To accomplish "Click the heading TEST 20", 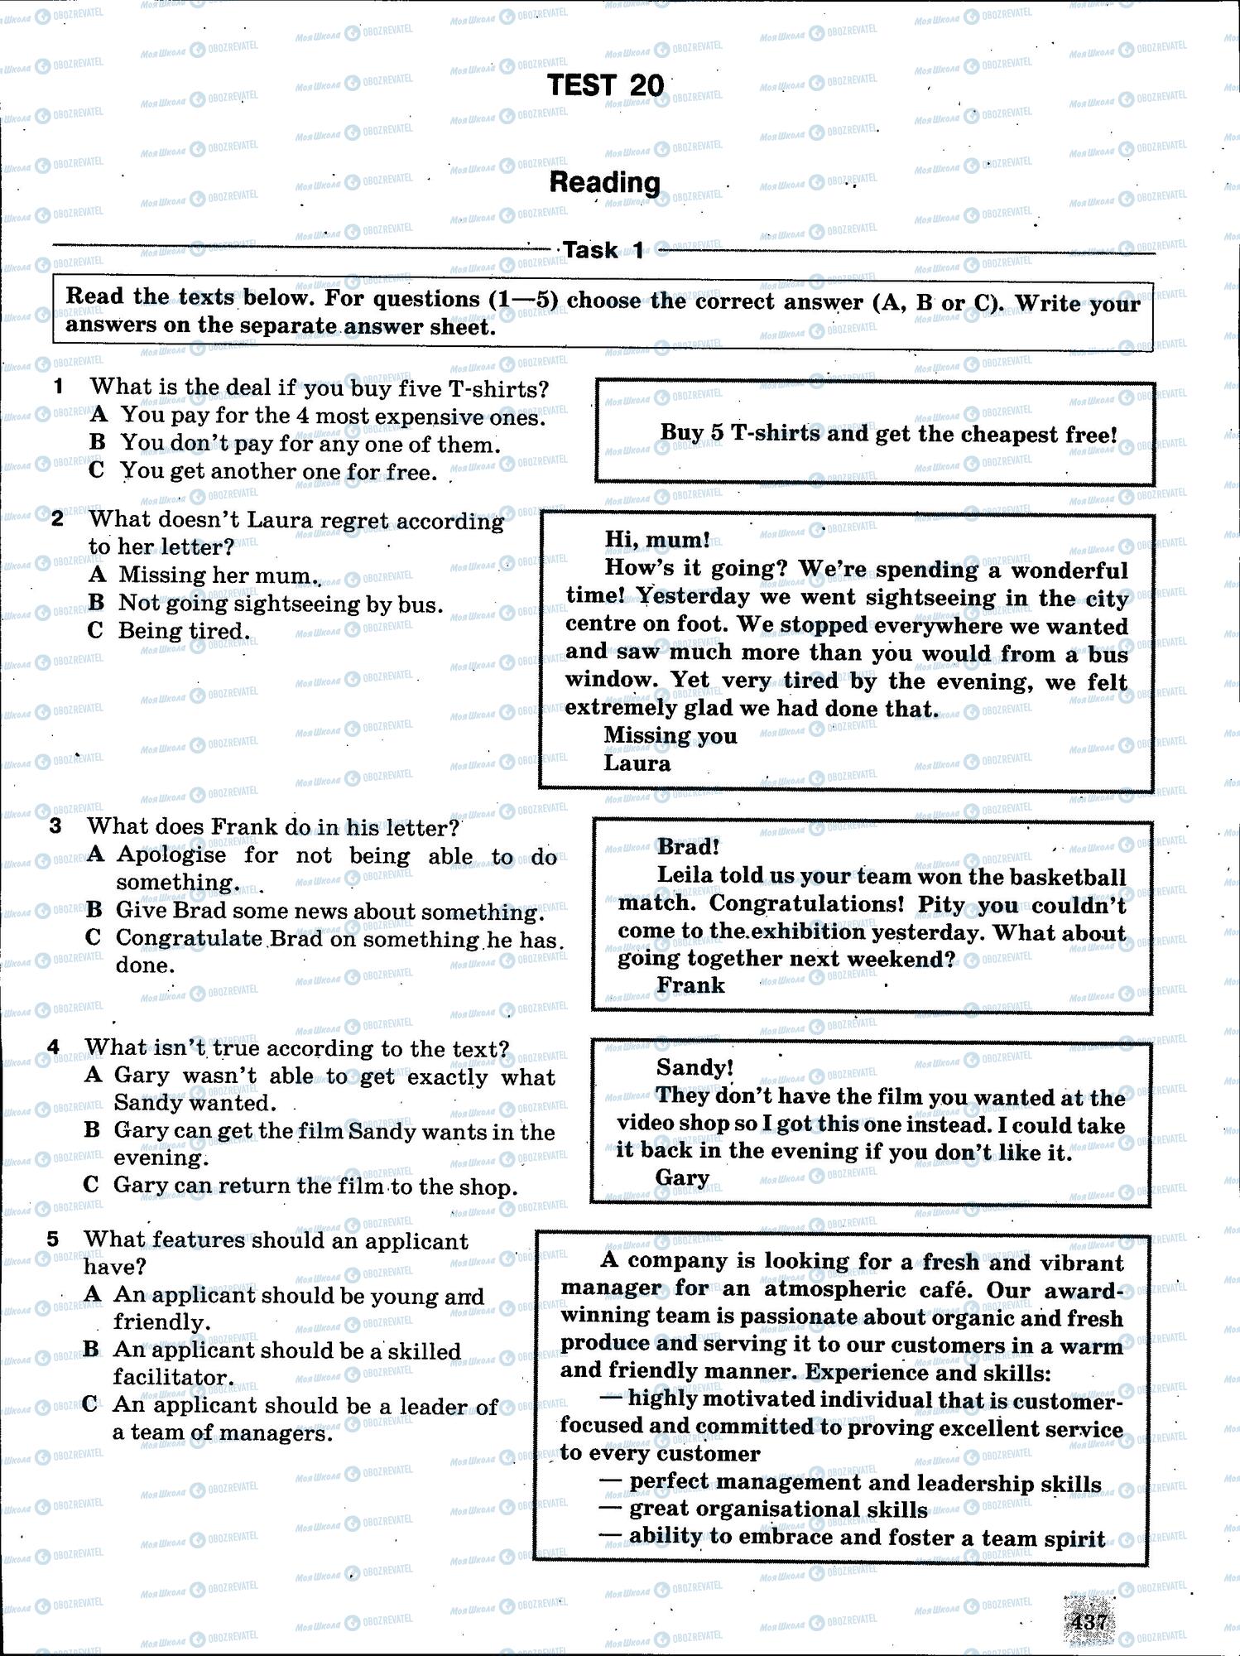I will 605,85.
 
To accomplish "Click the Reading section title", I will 604,183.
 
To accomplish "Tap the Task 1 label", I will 603,250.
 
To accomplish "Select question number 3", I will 55,826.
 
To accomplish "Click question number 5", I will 53,1240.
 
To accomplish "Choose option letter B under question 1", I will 98,443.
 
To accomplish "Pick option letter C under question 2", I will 95,631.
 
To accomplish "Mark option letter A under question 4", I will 94,1075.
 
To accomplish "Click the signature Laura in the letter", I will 637,763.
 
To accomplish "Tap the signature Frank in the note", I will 690,984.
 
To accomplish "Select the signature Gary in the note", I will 682,1177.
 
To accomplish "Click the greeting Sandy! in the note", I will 694,1067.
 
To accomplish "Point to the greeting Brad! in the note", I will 688,846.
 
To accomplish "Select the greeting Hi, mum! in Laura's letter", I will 656,540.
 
